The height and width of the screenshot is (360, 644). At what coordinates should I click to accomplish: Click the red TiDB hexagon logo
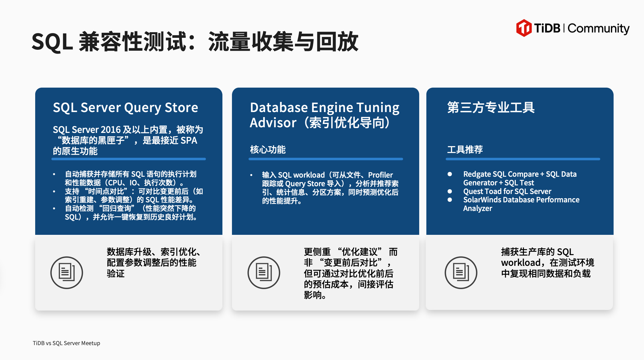click(524, 28)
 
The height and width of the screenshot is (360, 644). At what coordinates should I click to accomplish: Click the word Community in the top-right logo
click(598, 29)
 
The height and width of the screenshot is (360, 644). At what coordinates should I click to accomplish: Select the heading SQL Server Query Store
click(126, 108)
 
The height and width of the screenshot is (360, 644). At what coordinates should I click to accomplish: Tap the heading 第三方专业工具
click(491, 107)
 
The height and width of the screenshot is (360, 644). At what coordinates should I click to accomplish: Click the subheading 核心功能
click(268, 149)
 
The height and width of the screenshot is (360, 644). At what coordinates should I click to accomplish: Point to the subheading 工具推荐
click(465, 149)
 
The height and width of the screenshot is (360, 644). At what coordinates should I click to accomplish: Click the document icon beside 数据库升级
click(66, 272)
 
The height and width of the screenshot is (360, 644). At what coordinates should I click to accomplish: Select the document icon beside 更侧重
click(264, 272)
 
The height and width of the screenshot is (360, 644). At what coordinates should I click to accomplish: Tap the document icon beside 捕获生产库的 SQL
click(461, 272)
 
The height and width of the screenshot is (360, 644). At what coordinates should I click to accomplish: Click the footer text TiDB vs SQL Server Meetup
click(66, 343)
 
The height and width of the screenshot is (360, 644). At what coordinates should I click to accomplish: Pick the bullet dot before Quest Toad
click(450, 191)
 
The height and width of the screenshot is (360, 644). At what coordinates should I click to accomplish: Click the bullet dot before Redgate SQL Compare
click(450, 174)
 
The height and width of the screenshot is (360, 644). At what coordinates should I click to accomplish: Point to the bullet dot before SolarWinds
click(450, 200)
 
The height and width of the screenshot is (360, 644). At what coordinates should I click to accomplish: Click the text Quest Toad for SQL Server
click(507, 191)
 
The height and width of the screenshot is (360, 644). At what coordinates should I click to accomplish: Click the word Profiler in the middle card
click(380, 175)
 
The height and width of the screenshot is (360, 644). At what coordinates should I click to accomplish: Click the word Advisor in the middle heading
click(273, 123)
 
